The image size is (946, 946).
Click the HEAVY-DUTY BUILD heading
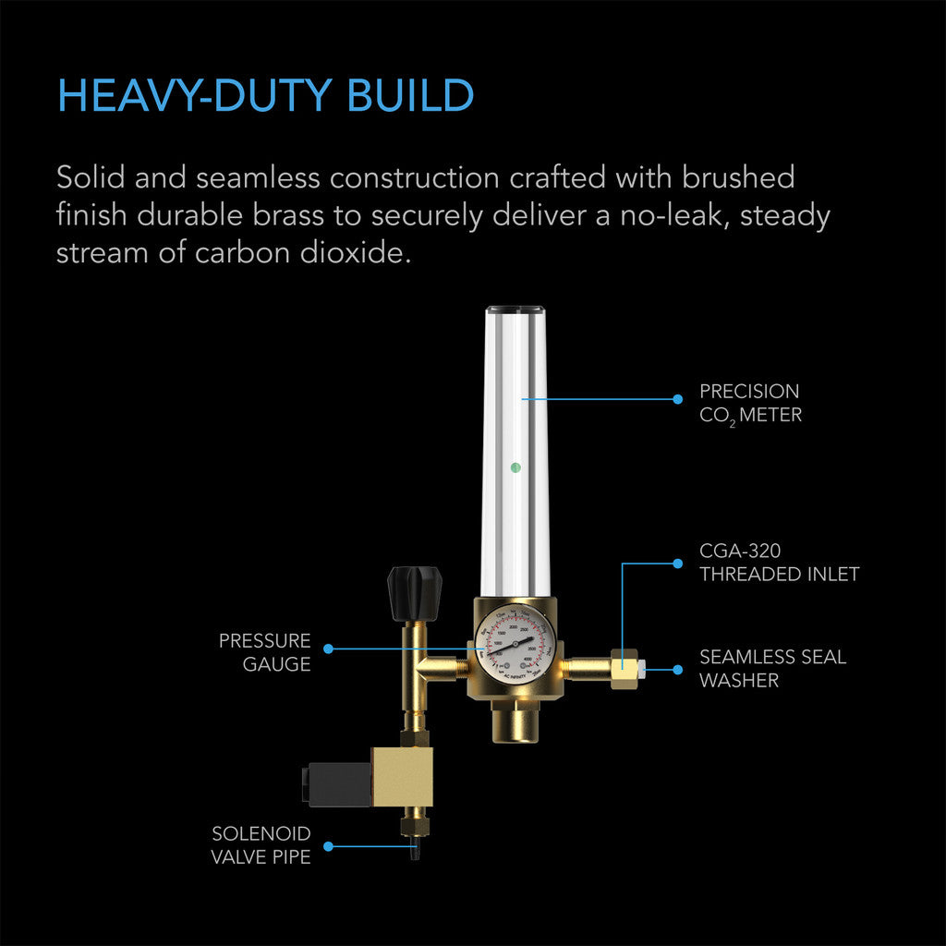point(265,96)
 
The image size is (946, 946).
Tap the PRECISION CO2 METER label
point(750,403)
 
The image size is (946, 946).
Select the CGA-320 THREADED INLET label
point(779,563)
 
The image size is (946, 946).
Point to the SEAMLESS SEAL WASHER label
point(772,669)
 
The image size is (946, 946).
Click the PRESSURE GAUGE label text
point(264,652)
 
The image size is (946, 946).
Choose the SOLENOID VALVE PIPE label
point(261,845)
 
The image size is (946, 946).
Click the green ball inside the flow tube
point(515,467)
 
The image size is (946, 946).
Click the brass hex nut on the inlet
point(625,665)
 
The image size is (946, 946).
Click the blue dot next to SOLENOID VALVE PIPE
point(329,845)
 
